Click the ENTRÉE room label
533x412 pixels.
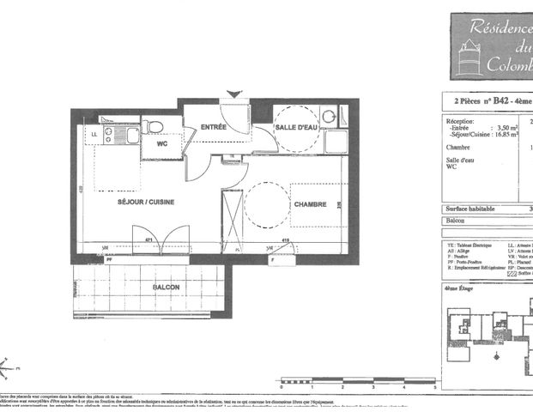click(x=214, y=127)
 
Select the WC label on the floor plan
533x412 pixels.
click(x=161, y=145)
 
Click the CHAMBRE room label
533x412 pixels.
click(x=310, y=204)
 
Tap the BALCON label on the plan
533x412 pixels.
click(x=166, y=286)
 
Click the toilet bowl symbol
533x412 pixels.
click(x=154, y=127)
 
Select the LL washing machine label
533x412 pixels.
click(x=94, y=135)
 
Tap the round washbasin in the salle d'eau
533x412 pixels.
click(x=328, y=117)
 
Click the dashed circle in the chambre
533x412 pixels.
click(x=264, y=203)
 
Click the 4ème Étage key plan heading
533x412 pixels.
click(x=461, y=290)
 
